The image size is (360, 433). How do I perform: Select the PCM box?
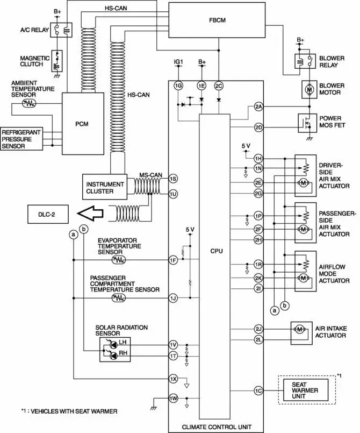tap(82, 123)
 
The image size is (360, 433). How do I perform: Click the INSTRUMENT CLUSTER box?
tap(104, 187)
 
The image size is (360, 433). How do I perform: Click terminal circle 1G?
tap(178, 86)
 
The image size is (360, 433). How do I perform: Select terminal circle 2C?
tap(218, 86)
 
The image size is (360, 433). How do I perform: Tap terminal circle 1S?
tap(172, 178)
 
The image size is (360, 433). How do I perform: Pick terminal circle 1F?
tap(172, 260)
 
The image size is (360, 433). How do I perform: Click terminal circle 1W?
tap(172, 399)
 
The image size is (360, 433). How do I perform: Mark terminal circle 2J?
tap(258, 328)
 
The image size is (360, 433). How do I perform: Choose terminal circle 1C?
tap(258, 391)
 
